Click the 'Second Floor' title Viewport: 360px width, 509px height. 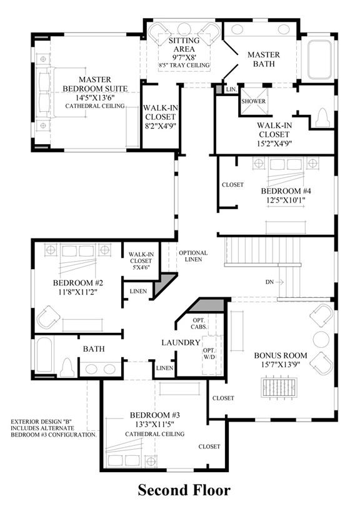(x=184, y=490)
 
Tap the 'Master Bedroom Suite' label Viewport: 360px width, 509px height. (x=95, y=84)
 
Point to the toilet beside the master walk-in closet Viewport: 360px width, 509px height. (x=323, y=117)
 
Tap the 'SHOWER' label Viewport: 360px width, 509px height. (x=253, y=101)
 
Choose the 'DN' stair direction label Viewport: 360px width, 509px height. (x=269, y=282)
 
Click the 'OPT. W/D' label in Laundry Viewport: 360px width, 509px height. (x=209, y=354)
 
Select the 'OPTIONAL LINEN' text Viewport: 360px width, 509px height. (x=193, y=256)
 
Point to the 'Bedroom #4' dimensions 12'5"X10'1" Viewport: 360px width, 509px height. (x=286, y=200)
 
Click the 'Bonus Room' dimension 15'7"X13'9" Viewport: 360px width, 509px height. (x=280, y=365)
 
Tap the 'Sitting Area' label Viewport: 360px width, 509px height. (x=184, y=45)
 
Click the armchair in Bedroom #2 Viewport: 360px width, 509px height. (x=48, y=317)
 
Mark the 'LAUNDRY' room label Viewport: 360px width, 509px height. (x=181, y=342)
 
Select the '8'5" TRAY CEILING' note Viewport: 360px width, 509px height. (x=184, y=65)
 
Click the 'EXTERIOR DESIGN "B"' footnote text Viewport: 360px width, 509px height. (x=41, y=422)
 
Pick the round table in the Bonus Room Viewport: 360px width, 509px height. (x=321, y=339)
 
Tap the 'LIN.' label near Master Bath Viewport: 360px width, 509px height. (x=231, y=89)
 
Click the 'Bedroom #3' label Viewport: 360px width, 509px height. (x=154, y=415)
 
